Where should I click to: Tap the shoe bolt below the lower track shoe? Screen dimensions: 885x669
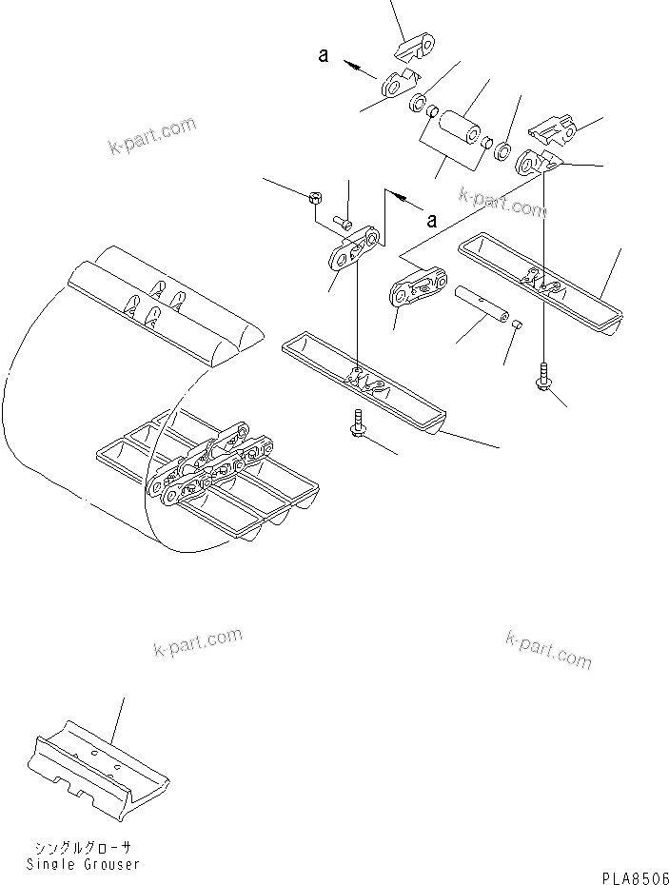point(359,423)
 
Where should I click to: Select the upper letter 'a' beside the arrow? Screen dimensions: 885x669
point(324,56)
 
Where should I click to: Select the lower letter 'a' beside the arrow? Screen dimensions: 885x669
point(431,221)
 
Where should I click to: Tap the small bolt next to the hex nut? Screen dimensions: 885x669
point(344,225)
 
